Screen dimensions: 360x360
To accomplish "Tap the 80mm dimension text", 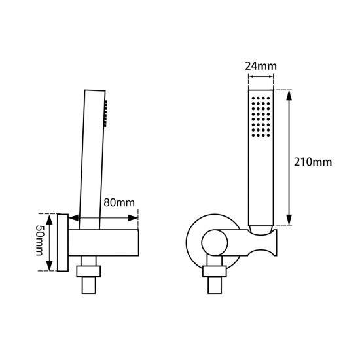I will [x=120, y=202].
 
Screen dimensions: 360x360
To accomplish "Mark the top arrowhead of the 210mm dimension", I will [x=289, y=92].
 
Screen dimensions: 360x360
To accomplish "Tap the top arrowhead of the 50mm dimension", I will [x=50, y=215].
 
